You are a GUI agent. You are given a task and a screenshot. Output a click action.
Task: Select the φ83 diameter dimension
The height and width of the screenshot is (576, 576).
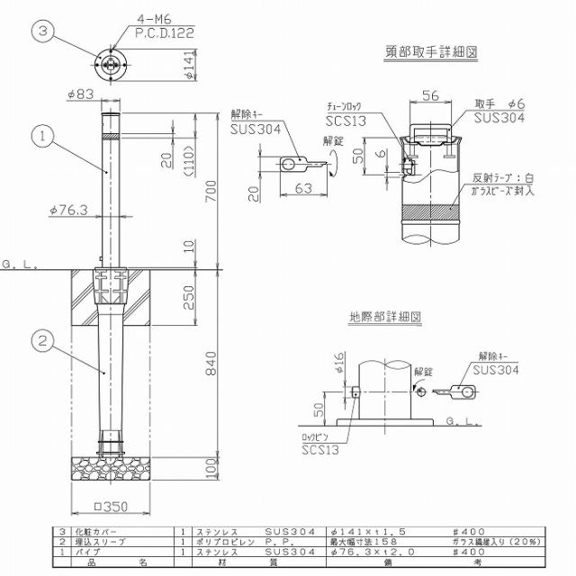pos(82,93)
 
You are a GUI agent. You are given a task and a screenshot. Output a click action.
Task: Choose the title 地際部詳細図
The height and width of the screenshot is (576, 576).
pos(386,317)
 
